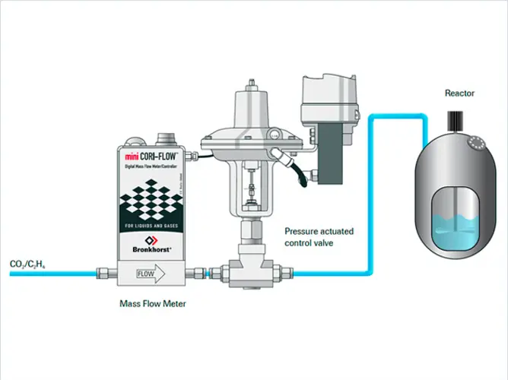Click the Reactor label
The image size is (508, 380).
click(459, 93)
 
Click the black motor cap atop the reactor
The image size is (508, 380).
click(458, 119)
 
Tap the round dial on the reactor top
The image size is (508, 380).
click(477, 140)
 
